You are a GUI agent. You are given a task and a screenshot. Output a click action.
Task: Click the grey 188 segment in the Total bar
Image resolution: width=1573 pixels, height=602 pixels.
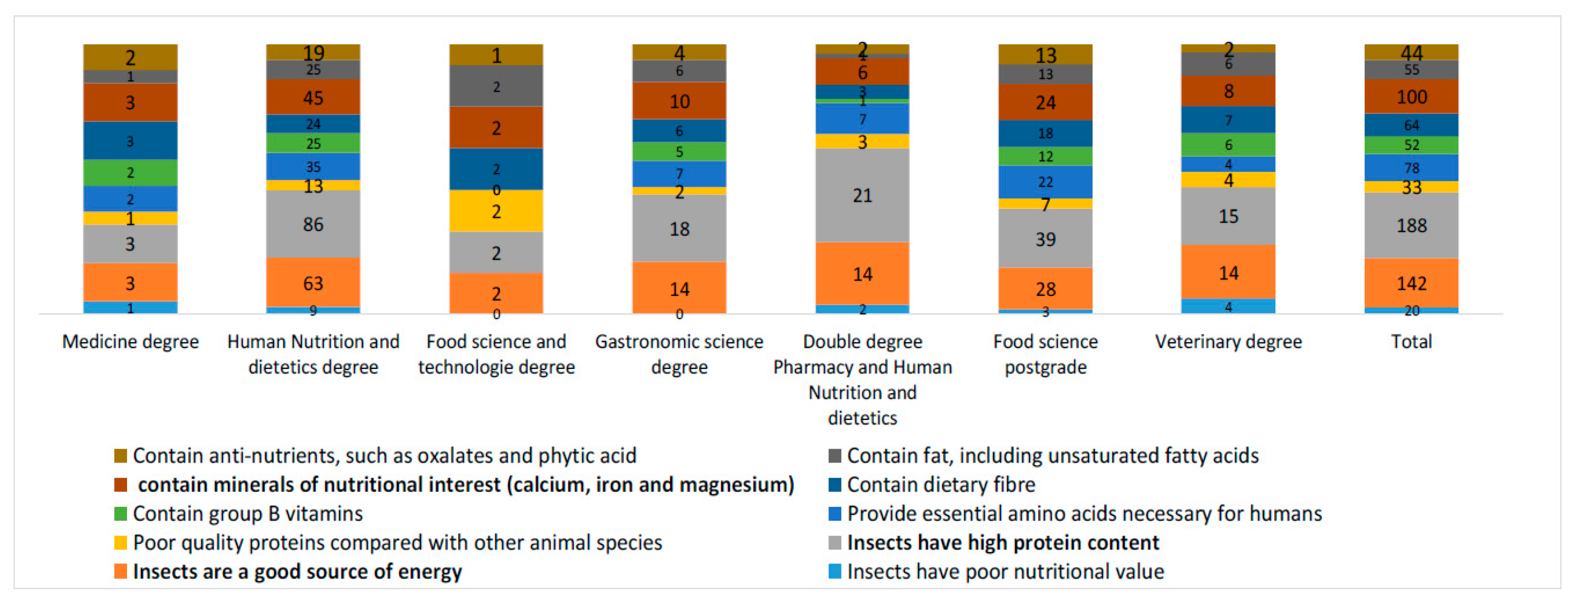tap(1411, 225)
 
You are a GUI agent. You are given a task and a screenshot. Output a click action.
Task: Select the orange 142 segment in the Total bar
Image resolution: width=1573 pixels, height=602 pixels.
tap(1411, 283)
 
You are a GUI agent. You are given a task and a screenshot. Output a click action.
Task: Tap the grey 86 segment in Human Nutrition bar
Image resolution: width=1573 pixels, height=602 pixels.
tap(313, 224)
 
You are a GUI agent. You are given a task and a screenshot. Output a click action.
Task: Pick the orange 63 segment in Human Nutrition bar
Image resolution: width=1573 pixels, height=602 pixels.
tap(313, 283)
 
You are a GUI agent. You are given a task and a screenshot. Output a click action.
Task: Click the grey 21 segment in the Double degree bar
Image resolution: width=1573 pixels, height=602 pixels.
tap(862, 196)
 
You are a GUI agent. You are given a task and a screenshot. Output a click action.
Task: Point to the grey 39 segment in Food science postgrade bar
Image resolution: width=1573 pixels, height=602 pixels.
tap(1045, 239)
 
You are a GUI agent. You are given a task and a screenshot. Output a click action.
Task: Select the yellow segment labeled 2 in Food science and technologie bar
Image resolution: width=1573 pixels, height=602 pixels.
tap(496, 211)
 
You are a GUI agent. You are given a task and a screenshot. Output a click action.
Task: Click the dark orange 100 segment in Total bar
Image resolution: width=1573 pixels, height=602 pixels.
tap(1411, 97)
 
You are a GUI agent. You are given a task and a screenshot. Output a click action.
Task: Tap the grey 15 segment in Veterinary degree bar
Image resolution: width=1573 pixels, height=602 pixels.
tap(1228, 216)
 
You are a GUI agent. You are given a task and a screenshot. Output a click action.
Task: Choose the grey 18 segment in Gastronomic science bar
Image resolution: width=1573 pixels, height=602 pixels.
tap(679, 229)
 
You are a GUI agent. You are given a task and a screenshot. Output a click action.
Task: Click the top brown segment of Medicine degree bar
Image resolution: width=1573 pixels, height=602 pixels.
tap(130, 57)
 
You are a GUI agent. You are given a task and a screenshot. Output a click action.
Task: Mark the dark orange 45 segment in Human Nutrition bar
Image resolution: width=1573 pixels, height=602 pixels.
tap(313, 98)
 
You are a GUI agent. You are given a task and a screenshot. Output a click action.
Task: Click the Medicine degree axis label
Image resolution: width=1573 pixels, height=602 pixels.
tap(130, 342)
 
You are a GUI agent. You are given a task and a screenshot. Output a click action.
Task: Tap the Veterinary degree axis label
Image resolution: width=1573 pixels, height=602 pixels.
tap(1228, 342)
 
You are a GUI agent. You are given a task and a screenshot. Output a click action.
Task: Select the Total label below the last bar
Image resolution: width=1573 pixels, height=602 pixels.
tap(1411, 342)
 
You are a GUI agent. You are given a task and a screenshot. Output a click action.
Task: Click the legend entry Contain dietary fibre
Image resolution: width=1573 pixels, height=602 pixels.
tap(941, 485)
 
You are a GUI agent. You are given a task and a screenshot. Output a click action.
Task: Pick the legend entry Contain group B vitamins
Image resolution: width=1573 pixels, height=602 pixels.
tap(247, 514)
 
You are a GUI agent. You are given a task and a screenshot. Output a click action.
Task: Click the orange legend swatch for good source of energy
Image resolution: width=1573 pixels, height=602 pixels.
tap(120, 572)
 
